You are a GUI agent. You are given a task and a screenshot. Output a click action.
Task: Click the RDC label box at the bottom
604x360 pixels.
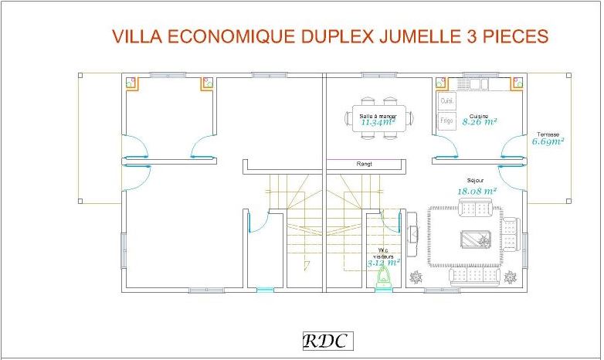point(324,341)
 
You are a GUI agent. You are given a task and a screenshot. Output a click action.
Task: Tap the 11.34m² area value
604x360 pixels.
point(378,122)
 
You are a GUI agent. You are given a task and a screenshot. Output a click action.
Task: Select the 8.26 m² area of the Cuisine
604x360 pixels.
point(479,122)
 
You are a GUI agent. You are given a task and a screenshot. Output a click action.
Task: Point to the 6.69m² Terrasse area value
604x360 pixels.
point(548,141)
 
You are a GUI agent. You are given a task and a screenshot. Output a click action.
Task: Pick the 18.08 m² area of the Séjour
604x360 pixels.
point(477,190)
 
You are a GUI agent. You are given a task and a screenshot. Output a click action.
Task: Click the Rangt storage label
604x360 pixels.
point(364,164)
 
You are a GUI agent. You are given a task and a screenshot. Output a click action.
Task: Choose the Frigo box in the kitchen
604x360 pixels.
point(446,121)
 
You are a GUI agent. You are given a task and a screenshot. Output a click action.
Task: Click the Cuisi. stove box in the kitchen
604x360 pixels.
point(446,101)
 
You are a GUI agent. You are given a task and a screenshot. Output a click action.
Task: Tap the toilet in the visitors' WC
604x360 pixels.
point(382,279)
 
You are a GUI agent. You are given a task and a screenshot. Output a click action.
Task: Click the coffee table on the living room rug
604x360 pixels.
point(475,239)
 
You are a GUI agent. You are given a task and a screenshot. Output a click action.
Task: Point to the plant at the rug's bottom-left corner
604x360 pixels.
point(417,277)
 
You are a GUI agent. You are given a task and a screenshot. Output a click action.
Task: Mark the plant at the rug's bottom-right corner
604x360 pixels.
point(510,277)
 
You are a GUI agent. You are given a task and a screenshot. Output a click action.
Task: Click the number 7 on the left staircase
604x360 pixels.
point(307,267)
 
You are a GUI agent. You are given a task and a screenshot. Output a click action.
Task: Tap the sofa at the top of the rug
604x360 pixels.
point(475,206)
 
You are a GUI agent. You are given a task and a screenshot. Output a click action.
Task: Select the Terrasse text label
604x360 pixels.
point(548,134)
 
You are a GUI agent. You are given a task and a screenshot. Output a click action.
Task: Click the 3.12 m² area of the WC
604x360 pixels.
point(383,263)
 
